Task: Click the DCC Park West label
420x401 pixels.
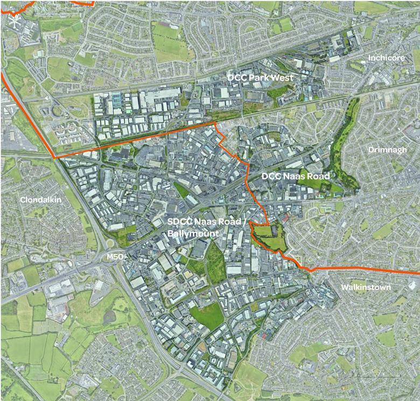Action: tap(260, 78)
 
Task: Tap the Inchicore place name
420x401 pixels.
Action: tap(386, 58)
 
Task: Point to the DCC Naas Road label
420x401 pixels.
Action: tap(295, 176)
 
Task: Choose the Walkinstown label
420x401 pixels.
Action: tap(366, 287)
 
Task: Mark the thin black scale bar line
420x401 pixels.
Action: tap(377, 376)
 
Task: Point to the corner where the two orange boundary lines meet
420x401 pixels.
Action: tap(55, 157)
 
